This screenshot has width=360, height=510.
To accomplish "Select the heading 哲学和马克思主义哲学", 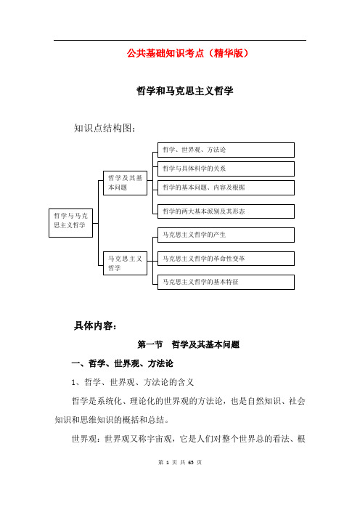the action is coord(185,91).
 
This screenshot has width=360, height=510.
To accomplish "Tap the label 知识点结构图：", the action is coord(105,128).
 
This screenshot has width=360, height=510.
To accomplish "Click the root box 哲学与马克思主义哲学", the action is coord(71,223).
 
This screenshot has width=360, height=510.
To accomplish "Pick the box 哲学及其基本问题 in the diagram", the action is coord(125,183).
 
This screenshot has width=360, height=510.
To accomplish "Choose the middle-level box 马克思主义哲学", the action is coord(125,263).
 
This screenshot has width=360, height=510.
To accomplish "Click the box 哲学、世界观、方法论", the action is coord(226,150).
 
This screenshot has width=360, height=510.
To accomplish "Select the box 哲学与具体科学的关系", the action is coord(226,169).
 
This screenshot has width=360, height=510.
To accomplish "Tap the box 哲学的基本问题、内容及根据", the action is coord(226,187).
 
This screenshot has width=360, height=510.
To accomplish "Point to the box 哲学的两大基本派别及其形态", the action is coord(226,211).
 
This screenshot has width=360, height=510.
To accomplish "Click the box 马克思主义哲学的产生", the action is coord(226,235).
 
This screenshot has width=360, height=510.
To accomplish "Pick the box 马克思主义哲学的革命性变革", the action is coord(226,259).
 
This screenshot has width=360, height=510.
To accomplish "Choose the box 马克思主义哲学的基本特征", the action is coord(226,282).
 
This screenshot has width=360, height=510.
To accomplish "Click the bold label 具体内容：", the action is coord(95,325).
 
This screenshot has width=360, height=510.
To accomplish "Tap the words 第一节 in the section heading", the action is coord(150,344).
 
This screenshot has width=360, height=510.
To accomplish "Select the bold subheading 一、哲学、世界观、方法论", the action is coord(122,363).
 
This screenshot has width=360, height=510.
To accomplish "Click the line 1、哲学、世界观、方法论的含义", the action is coord(133,382).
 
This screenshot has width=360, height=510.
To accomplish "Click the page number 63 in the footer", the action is coord(191,462).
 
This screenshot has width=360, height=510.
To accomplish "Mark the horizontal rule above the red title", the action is coord(180,41).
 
